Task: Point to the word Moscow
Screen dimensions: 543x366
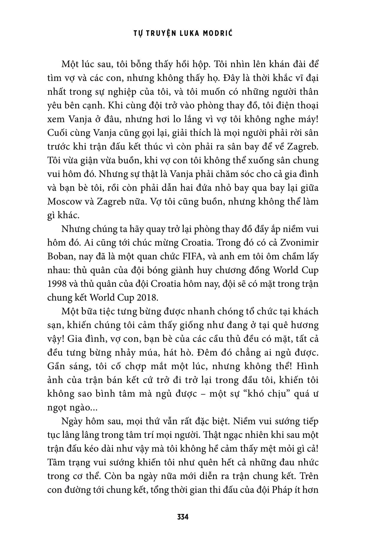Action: [64, 201]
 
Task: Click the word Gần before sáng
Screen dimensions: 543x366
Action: [57, 366]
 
